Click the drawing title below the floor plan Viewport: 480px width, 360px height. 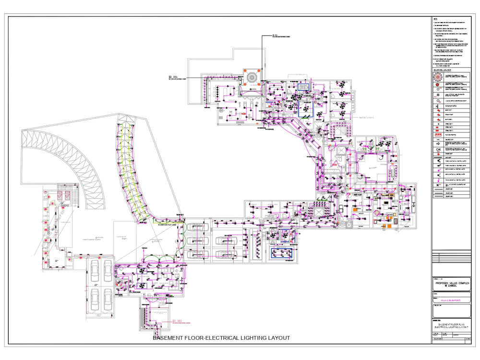pyautogui.click(x=221, y=338)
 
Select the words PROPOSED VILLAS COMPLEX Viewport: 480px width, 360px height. pyautogui.click(x=451, y=283)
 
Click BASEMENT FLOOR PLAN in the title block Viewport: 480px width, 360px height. pyautogui.click(x=451, y=325)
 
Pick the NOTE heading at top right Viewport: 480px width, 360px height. pyautogui.click(x=435, y=19)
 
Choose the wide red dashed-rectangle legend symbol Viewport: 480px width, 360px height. pyautogui.click(x=438, y=135)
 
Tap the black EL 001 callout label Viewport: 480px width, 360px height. pyautogui.click(x=173, y=77)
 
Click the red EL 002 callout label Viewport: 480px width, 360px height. pyautogui.click(x=177, y=321)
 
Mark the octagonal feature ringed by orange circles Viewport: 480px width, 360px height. pyautogui.click(x=251, y=77)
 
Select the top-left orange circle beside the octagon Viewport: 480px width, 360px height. pyautogui.click(x=244, y=70)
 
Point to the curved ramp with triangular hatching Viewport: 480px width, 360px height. pyautogui.click(x=67, y=158)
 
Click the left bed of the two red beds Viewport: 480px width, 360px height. pyautogui.click(x=61, y=195)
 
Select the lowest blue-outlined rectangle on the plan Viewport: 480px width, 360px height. pyautogui.click(x=282, y=252)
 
